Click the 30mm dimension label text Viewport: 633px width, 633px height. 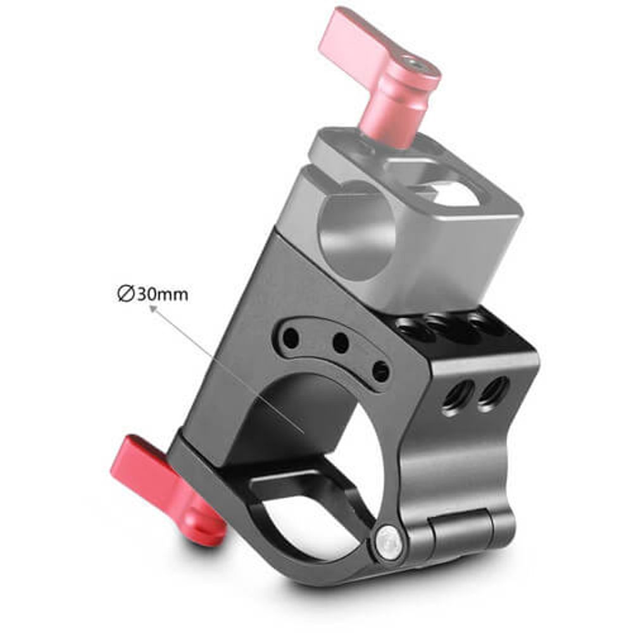click(161, 294)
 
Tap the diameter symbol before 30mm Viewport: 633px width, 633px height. click(125, 294)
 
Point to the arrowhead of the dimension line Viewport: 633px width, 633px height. click(152, 308)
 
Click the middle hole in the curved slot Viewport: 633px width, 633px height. click(341, 344)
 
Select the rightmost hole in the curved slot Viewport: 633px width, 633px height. click(380, 371)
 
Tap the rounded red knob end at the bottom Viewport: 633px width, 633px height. click(206, 535)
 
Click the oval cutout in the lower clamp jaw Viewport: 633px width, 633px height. click(298, 506)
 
